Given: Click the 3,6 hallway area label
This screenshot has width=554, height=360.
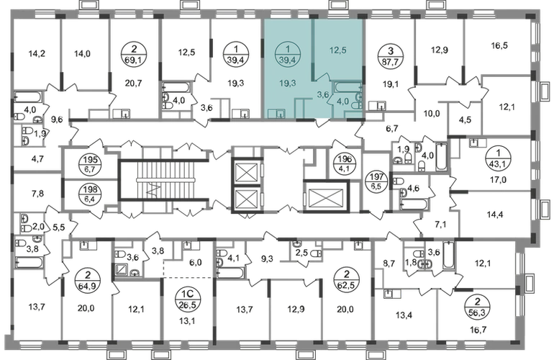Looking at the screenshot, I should click(x=324, y=94).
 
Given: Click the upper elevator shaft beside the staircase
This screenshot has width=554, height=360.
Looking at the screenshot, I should click(x=245, y=170).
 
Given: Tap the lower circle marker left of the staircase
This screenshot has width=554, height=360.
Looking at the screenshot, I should click(x=90, y=194).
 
